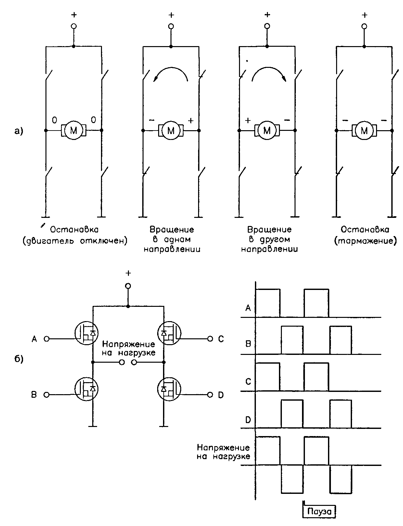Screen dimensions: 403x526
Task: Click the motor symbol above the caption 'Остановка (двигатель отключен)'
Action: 73,131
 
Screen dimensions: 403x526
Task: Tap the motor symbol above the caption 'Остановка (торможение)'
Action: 364,131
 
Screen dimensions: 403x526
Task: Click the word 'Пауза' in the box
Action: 319,511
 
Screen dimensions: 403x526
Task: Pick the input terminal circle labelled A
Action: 46,339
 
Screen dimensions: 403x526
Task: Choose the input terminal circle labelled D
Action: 210,395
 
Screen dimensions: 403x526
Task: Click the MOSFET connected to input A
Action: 86,333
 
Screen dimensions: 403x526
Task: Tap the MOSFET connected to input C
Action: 169,333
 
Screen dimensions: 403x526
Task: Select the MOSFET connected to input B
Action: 86,389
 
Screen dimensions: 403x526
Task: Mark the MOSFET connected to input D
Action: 169,389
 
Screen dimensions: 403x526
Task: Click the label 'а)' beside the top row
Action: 19,131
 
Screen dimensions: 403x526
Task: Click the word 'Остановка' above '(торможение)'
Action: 365,230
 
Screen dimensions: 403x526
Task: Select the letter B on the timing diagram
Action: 248,344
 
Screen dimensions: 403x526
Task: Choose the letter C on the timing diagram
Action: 248,382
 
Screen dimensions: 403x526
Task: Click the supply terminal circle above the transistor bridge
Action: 128,286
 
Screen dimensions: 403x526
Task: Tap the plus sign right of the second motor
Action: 191,120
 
